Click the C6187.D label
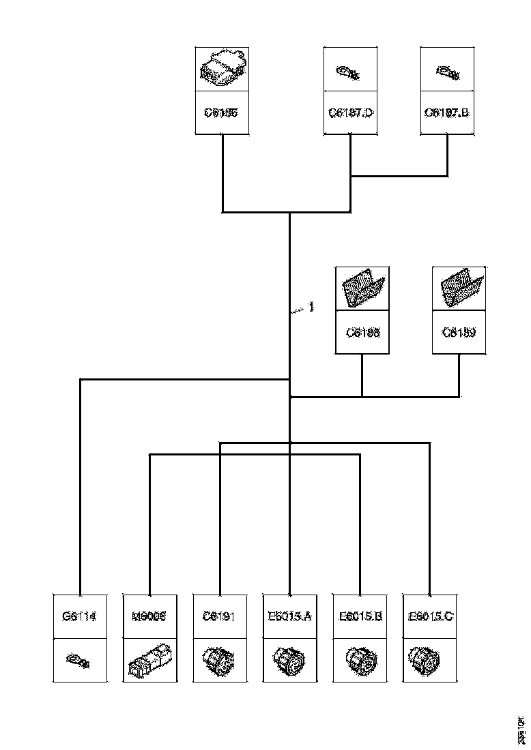(351, 112)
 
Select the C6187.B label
(447, 112)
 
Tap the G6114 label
(80, 616)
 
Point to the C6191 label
(220, 616)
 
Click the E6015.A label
(290, 616)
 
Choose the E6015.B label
(360, 616)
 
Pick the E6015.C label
(430, 616)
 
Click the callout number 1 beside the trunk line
(311, 307)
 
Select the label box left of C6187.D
(223, 112)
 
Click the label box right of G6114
(149, 616)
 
